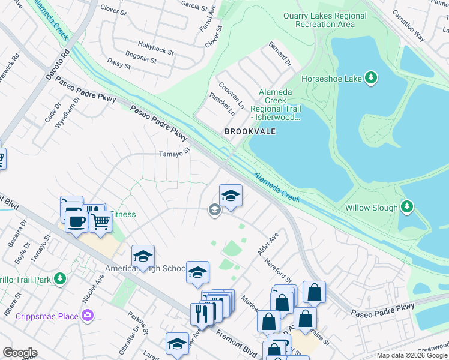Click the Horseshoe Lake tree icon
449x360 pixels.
pos(372,78)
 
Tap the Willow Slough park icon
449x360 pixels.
pos(407,208)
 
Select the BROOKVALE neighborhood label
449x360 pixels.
pos(250,131)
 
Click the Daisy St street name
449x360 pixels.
pos(118,62)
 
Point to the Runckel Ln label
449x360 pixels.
pos(222,104)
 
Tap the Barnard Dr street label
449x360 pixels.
pos(280,54)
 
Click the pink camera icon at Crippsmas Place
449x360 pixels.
pos(88,315)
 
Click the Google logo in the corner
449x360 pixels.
pos(20,353)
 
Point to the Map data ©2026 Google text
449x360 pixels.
pos(412,355)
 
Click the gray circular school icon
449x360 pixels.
pos(214,209)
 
